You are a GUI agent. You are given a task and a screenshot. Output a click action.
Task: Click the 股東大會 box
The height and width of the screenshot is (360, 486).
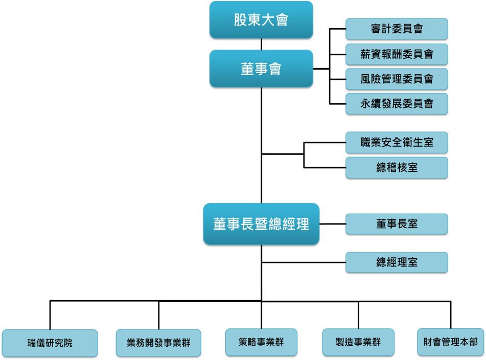[261, 20]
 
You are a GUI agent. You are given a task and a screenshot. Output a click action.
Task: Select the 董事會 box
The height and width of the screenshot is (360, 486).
[261, 69]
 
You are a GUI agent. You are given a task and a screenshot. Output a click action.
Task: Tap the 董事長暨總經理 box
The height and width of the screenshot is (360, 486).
[261, 224]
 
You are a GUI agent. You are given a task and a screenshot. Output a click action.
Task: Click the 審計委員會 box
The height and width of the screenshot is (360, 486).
[397, 29]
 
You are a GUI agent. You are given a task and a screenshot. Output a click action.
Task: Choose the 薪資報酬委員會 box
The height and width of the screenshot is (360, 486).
[397, 54]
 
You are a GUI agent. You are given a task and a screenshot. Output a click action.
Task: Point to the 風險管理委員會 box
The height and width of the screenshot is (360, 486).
[397, 79]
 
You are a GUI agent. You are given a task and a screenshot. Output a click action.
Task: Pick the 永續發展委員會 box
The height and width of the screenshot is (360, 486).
[397, 104]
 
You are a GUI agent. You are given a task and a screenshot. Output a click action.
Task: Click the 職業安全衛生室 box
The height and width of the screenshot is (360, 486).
[397, 143]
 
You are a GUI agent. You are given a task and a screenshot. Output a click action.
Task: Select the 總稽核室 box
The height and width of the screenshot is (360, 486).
[397, 168]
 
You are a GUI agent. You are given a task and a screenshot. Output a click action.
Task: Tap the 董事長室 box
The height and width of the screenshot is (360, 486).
[397, 224]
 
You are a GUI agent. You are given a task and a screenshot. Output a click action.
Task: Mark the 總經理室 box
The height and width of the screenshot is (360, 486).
[397, 262]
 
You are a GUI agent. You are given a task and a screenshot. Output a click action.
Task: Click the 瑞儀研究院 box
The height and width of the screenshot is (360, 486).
[50, 343]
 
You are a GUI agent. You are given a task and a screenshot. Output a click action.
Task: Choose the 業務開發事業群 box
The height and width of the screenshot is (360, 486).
[159, 343]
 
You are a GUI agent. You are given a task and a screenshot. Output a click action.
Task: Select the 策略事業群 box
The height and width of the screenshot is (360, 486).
[261, 342]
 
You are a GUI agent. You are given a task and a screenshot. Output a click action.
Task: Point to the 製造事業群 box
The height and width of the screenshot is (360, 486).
[358, 342]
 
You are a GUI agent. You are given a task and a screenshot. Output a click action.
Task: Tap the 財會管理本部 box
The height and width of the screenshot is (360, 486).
[451, 342]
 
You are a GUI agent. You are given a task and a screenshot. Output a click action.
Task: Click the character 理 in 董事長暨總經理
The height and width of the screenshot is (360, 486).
[303, 224]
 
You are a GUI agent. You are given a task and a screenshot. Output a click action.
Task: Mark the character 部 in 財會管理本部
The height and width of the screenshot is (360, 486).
[473, 342]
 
